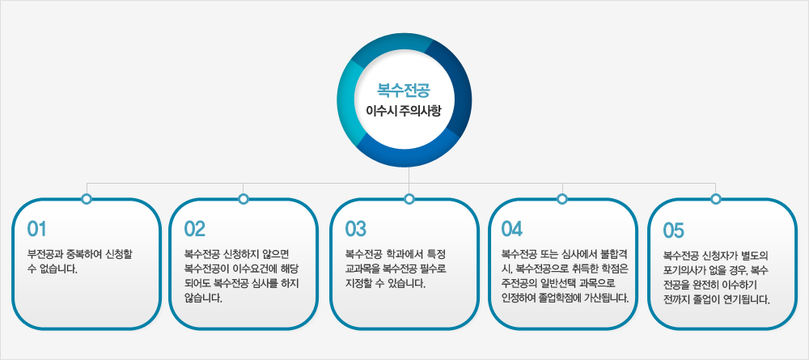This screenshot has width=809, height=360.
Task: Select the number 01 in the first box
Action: (x=38, y=227)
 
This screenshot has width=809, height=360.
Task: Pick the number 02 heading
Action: (x=195, y=227)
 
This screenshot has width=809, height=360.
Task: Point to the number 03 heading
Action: (x=356, y=227)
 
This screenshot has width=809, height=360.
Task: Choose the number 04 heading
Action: (x=512, y=227)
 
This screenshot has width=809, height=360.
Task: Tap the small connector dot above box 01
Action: (x=87, y=199)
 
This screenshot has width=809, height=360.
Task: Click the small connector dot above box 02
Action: (x=244, y=199)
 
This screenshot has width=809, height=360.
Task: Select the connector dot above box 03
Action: (x=409, y=199)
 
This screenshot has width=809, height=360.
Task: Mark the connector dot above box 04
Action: (x=562, y=199)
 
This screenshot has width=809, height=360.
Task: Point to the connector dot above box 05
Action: (x=715, y=199)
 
